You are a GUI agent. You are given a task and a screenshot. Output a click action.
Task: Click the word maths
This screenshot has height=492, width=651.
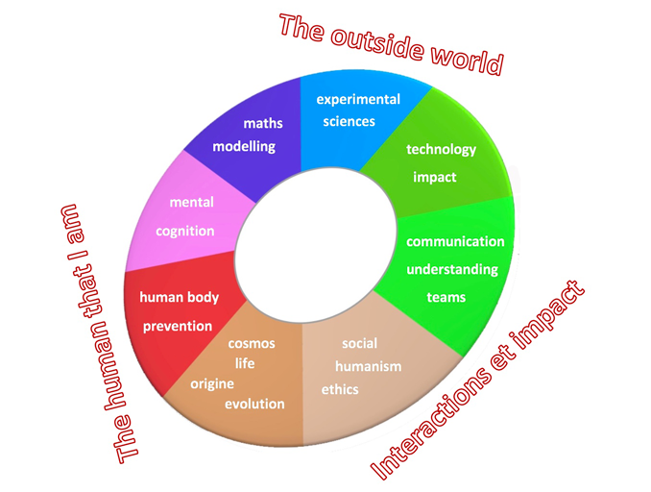coord(262,123)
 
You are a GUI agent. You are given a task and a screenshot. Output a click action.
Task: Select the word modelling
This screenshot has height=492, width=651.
coord(244,147)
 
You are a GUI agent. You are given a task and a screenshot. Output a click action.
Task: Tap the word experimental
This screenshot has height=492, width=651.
coord(357,99)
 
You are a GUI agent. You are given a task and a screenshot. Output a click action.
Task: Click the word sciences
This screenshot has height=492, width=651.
coord(349,122)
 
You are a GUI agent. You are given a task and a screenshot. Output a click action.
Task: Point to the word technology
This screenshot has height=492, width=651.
coord(441,149)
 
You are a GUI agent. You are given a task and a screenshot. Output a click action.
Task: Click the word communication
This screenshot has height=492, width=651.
coord(454,241)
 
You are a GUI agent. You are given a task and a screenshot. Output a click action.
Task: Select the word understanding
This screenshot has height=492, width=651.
coord(451,269)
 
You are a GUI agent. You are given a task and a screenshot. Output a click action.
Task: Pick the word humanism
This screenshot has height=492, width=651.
coord(368,366)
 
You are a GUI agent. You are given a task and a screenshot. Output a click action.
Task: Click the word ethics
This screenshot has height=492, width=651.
coord(340,389)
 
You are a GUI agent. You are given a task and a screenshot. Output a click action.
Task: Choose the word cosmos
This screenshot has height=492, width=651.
coord(252,343)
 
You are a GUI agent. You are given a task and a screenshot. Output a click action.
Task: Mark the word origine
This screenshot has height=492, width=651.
coord(212,383)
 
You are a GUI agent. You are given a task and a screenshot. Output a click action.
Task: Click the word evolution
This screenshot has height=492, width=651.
coord(254,404)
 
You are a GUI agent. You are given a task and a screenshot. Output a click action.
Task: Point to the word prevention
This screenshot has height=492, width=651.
coord(178,326)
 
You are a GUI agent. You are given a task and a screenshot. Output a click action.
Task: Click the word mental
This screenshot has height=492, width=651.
coord(191,203)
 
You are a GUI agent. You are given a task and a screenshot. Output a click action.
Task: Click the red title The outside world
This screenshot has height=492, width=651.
coord(391,43)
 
